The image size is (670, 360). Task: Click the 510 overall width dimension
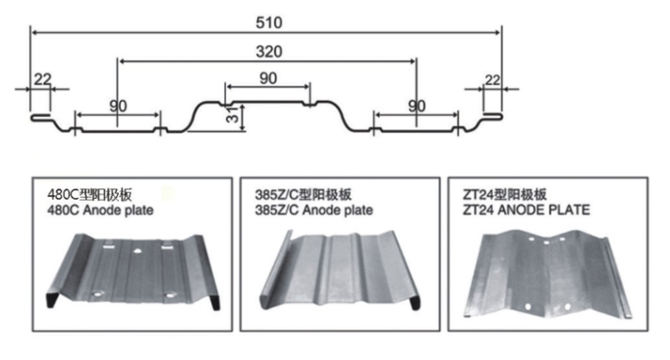pos(269,23)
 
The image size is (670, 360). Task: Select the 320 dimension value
pos(269,52)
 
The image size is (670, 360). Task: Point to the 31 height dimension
pos(232,115)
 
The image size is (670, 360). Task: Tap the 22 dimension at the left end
pos(42,79)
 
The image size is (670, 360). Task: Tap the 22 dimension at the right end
pos(492,79)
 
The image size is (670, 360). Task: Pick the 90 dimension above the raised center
pos(268,78)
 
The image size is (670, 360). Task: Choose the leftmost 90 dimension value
pos(118,106)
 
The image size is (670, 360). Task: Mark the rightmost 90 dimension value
pos(417,106)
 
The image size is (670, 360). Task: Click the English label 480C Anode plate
pos(100,210)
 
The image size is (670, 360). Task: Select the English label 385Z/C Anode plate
pos(314,210)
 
